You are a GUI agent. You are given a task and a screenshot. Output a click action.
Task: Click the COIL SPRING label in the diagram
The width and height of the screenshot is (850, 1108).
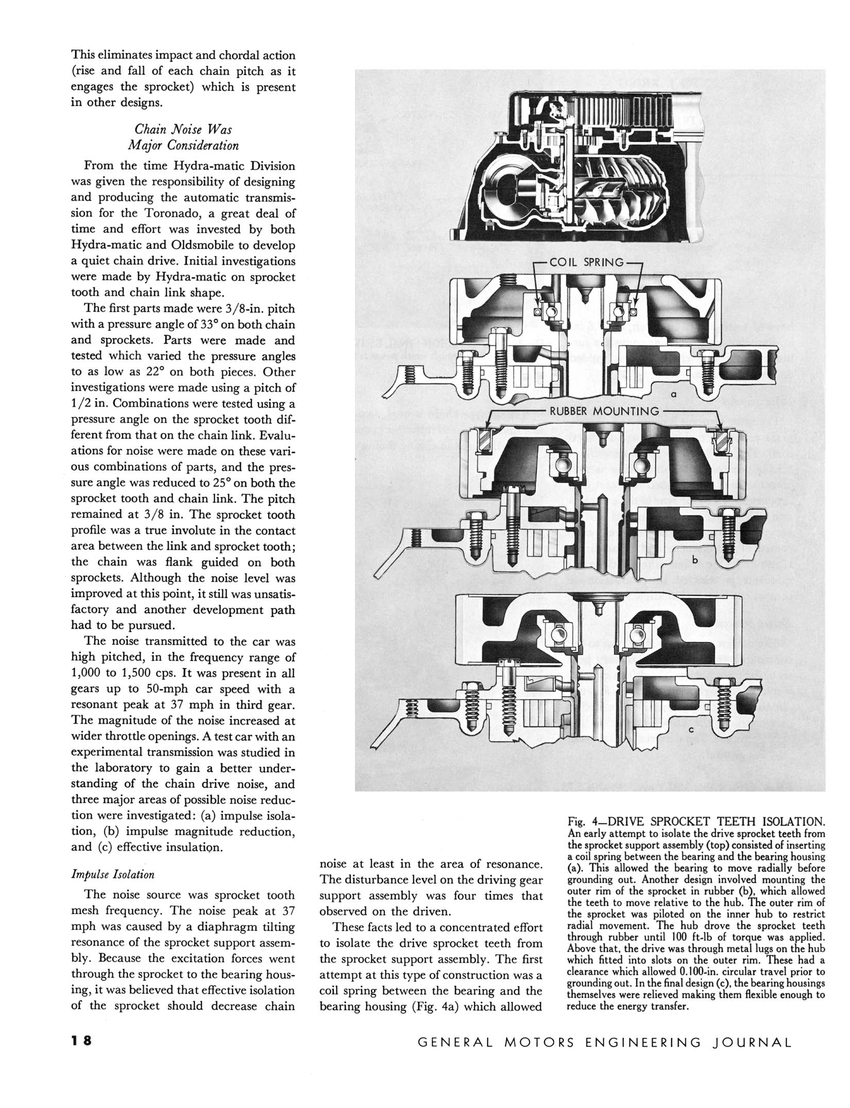point(586,262)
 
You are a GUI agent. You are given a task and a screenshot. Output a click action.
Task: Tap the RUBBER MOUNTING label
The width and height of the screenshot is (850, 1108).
point(604,411)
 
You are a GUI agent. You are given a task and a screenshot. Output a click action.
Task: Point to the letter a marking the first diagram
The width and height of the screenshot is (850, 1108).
point(673,394)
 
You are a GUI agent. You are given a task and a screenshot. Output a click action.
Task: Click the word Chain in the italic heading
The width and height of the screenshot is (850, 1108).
point(150,130)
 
